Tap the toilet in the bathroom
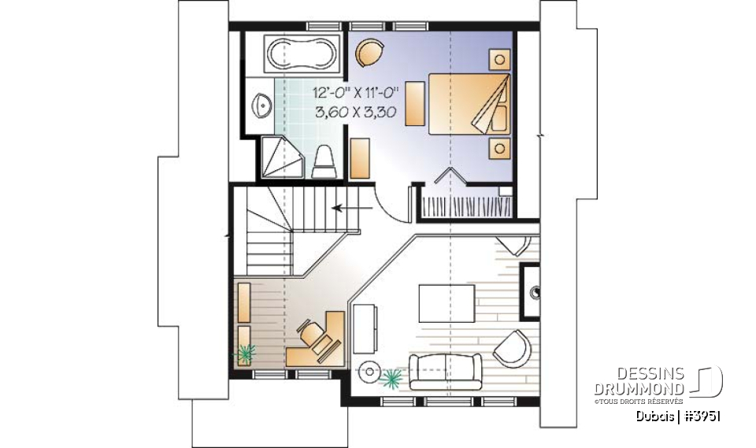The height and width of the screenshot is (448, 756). (324, 162)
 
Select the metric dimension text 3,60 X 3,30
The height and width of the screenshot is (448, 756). (349, 112)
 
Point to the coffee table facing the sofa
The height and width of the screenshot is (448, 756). (447, 302)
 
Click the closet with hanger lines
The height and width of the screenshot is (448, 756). (464, 204)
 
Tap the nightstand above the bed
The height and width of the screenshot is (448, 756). (498, 57)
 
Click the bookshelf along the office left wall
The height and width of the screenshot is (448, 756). (244, 302)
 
